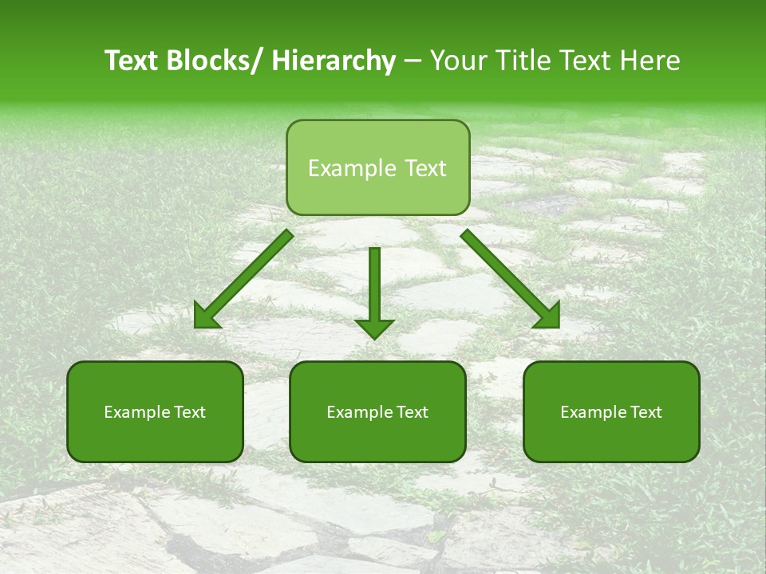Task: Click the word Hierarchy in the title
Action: pyautogui.click(x=333, y=61)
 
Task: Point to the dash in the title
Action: pyautogui.click(x=413, y=62)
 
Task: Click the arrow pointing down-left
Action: pyautogui.click(x=243, y=279)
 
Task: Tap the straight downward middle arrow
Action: pyautogui.click(x=374, y=287)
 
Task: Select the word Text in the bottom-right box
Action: pyautogui.click(x=646, y=412)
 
